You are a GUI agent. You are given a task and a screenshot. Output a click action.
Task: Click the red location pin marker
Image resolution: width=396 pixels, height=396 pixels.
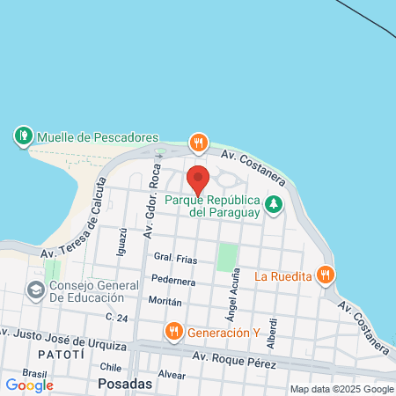[198, 180]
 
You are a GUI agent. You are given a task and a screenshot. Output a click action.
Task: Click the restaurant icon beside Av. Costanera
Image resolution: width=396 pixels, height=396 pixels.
[200, 142]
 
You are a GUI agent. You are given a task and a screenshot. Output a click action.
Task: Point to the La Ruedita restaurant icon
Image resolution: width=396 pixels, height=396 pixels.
[326, 275]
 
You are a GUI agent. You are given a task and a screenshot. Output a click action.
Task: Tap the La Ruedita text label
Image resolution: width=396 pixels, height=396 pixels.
[283, 275]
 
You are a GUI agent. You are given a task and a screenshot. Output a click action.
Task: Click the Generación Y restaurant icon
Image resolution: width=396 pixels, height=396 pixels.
[173, 331]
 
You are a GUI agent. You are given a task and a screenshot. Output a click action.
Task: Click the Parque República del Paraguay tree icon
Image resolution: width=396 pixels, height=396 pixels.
[275, 204]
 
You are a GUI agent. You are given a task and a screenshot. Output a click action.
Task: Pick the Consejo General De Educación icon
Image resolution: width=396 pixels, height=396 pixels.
[35, 290]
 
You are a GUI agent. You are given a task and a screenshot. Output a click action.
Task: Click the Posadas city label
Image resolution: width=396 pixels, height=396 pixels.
[125, 385]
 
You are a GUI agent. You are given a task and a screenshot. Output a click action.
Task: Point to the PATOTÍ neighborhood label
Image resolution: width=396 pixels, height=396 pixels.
[62, 353]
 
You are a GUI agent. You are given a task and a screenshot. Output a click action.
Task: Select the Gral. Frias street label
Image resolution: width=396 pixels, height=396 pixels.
[174, 258]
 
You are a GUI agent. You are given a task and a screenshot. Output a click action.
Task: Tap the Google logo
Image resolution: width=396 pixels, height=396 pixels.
[30, 385]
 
